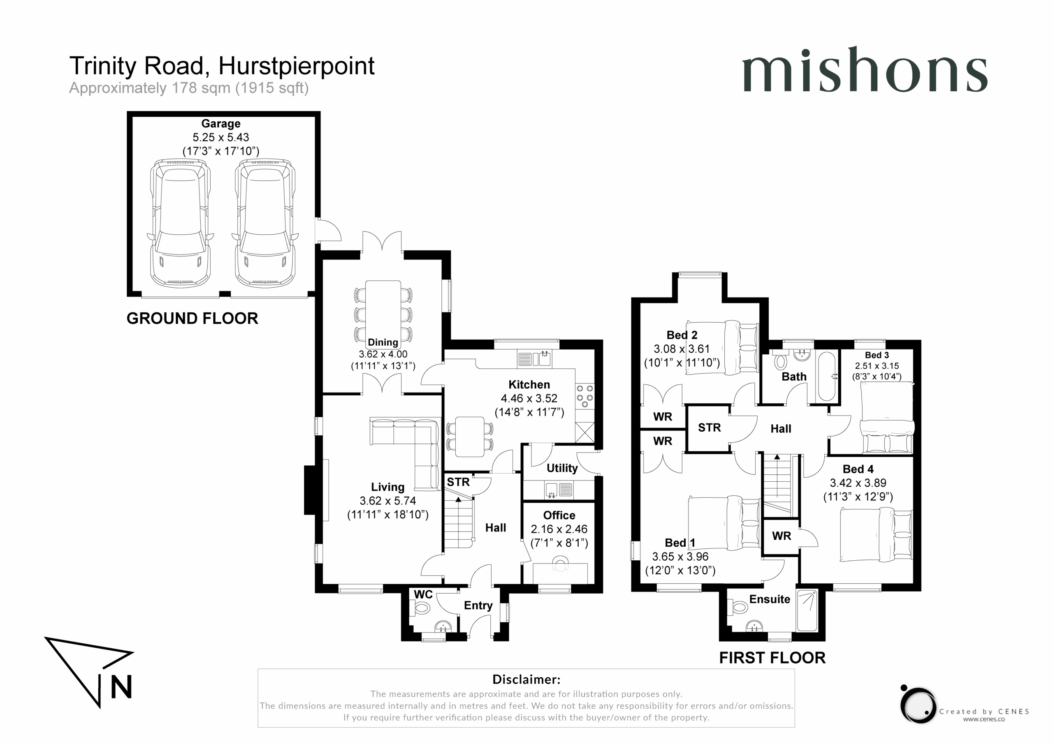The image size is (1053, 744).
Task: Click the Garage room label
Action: coord(220,124)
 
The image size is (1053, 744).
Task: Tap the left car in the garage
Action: coord(181,224)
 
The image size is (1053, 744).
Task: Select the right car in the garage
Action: coord(265,224)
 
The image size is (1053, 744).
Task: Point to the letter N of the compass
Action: coord(121,687)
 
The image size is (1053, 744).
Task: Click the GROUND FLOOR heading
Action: coord(192,319)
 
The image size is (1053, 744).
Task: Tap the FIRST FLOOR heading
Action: coord(772,658)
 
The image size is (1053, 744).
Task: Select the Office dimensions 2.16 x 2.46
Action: coord(559,529)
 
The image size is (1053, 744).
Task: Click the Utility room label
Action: coord(562,468)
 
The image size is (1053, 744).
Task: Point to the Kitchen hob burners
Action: coord(585,397)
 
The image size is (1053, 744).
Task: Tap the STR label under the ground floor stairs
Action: coord(458,482)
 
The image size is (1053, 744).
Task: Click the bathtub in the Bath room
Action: coord(826,377)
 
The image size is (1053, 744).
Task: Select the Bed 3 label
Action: coord(877,355)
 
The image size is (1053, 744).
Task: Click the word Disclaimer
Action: coord(526,679)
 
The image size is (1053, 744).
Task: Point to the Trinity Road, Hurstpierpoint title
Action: coord(222,66)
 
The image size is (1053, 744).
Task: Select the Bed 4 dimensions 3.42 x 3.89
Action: coord(858,483)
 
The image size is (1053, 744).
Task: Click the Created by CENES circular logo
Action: coord(918,705)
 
